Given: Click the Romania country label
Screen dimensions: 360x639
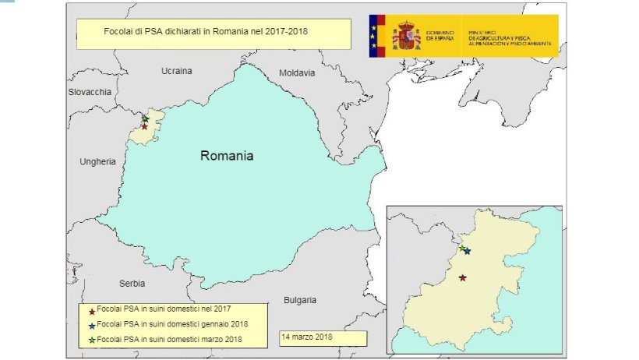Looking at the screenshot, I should pos(227,156).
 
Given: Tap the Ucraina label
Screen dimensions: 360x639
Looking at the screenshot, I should pos(176,71).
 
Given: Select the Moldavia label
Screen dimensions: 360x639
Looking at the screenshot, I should pos(297,73).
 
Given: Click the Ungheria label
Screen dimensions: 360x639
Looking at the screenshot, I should pos(97,162).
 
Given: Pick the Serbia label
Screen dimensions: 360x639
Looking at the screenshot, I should pos(132,284).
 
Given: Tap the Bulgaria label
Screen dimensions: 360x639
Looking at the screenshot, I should pos(300,300).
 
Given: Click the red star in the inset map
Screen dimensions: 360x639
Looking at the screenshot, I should pos(463,277).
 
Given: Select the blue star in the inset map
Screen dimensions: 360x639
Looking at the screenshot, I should pos(467,251).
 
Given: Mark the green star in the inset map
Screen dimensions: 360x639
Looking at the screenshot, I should pos(462,248).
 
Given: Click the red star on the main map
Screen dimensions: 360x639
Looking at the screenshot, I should pos(144,126).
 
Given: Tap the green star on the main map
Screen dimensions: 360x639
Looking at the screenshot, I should pos(145,118).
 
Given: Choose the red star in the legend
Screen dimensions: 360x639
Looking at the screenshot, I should pos(92,310).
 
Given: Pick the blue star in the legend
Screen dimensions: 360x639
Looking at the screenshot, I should pos(92,324).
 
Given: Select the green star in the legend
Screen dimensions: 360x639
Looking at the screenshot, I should pos(92,339).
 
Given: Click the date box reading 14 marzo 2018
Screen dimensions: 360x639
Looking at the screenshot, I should pos(323,338).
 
